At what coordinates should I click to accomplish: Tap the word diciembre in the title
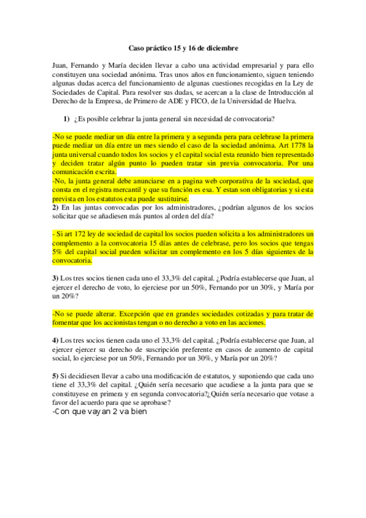click(x=218, y=47)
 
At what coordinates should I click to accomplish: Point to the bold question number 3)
click(x=55, y=278)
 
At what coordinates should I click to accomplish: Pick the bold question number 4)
click(x=55, y=340)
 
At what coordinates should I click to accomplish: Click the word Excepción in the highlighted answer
click(x=140, y=313)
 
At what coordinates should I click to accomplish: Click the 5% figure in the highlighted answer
click(x=57, y=252)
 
